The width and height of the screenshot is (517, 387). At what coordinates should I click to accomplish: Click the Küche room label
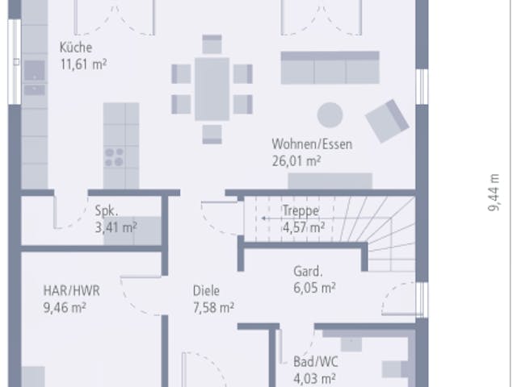pyautogui.click(x=76, y=48)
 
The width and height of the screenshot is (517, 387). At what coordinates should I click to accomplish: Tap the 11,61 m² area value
pyautogui.click(x=83, y=64)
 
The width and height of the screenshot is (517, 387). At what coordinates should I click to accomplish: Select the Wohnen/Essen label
pyautogui.click(x=312, y=144)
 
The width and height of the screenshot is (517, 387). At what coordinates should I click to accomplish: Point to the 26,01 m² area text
pyautogui.click(x=296, y=161)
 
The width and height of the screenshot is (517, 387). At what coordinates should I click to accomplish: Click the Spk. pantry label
pyautogui.click(x=106, y=210)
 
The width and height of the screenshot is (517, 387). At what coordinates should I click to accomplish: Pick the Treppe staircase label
pyautogui.click(x=301, y=210)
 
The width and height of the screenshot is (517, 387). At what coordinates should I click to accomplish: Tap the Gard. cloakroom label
pyautogui.click(x=308, y=272)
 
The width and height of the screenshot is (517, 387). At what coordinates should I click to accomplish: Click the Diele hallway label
pyautogui.click(x=206, y=291)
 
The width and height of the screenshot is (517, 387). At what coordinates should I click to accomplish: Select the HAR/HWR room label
pyautogui.click(x=72, y=291)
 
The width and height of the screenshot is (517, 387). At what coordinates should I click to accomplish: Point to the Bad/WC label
pyautogui.click(x=316, y=362)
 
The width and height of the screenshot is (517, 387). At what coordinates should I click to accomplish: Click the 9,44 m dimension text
pyautogui.click(x=494, y=193)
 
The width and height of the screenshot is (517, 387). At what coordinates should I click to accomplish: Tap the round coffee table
pyautogui.click(x=330, y=114)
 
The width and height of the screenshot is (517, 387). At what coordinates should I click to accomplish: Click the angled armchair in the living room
pyautogui.click(x=387, y=121)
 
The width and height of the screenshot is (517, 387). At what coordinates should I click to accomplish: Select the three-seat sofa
pyautogui.click(x=330, y=68)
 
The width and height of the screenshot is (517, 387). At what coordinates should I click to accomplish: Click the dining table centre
pyautogui.click(x=212, y=89)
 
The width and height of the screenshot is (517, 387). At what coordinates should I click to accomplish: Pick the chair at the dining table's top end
pyautogui.click(x=212, y=44)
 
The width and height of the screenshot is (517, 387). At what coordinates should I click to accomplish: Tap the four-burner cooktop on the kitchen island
pyautogui.click(x=114, y=157)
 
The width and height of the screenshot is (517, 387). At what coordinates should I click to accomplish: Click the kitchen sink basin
pyautogui.click(x=34, y=71)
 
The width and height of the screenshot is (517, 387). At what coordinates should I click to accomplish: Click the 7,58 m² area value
pyautogui.click(x=213, y=308)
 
